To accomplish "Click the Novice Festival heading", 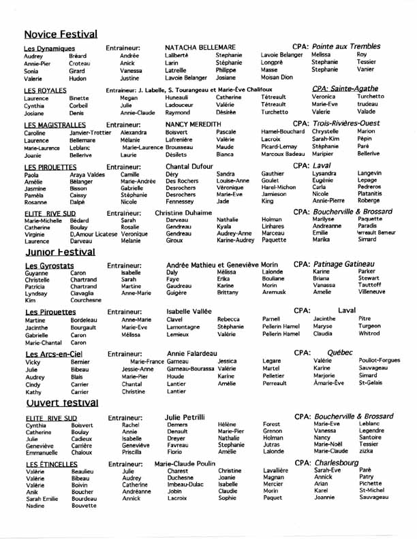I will [61, 33].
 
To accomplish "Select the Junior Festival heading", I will [59, 252].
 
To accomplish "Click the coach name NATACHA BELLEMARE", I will [200, 47].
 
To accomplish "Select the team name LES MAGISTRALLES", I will [55, 125].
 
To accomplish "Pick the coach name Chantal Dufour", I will [190, 166].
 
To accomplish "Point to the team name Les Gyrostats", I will [48, 265].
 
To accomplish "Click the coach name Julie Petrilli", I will [185, 416].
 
